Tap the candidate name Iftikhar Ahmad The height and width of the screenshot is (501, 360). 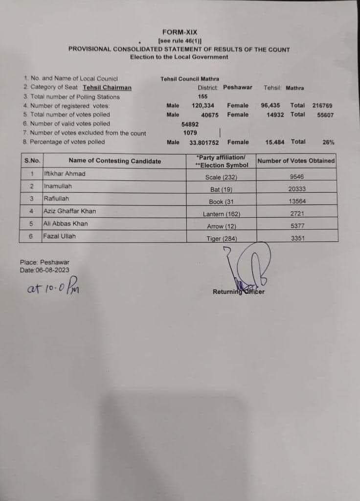(65, 174)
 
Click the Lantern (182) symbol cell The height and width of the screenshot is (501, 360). (222, 214)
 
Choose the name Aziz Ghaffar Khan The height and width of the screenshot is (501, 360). (69, 211)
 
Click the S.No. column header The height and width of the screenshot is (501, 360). (32, 160)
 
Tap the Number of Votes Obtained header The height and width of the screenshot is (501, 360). (296, 160)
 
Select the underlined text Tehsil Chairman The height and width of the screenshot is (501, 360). (107, 88)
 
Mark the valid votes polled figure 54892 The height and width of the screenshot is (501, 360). (190, 124)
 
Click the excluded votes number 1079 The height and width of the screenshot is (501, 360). (190, 133)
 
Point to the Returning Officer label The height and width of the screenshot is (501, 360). (238, 292)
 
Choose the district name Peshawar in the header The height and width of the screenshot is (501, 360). (238, 88)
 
